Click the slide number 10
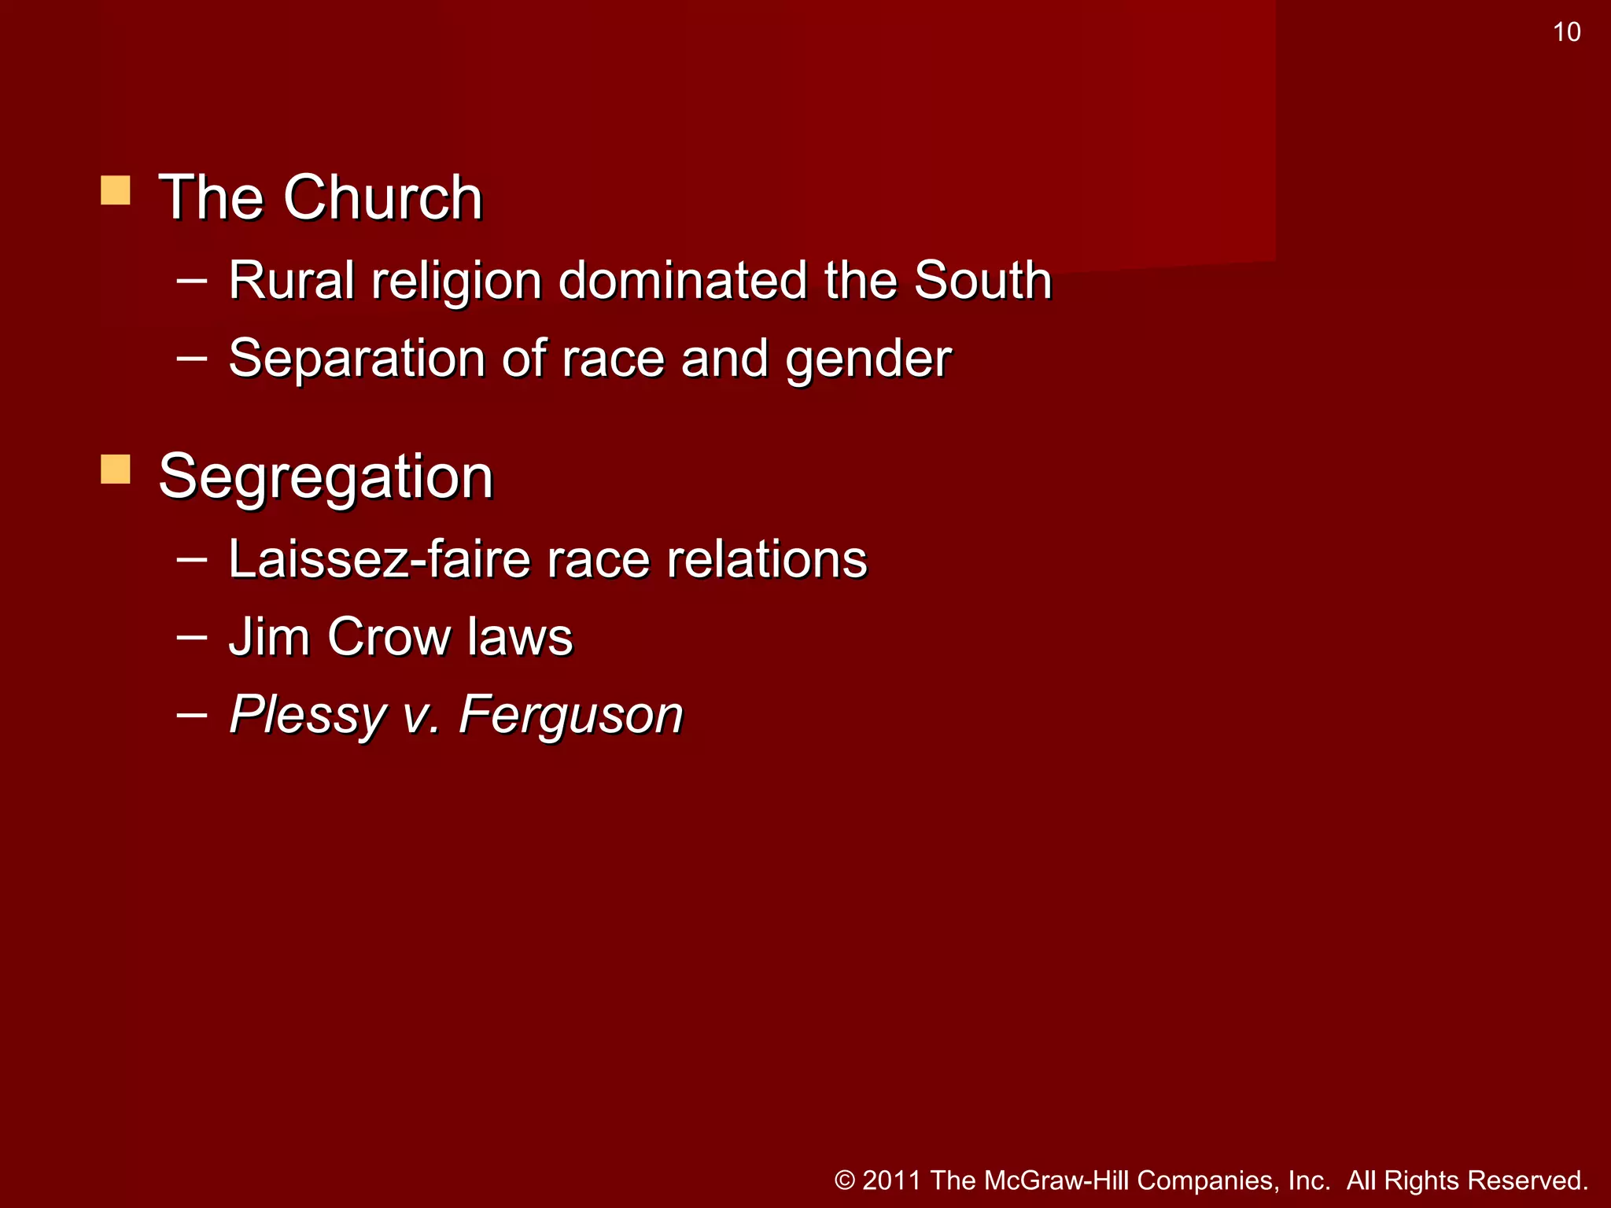pos(1566,32)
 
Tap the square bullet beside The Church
pos(116,190)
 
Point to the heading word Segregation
pos(326,477)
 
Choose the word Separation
pos(356,359)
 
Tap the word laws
pos(520,636)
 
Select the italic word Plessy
pos(308,716)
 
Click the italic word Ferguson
pos(571,716)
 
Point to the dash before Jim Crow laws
pos(192,635)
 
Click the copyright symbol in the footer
pos(845,1180)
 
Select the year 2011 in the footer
pos(892,1180)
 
